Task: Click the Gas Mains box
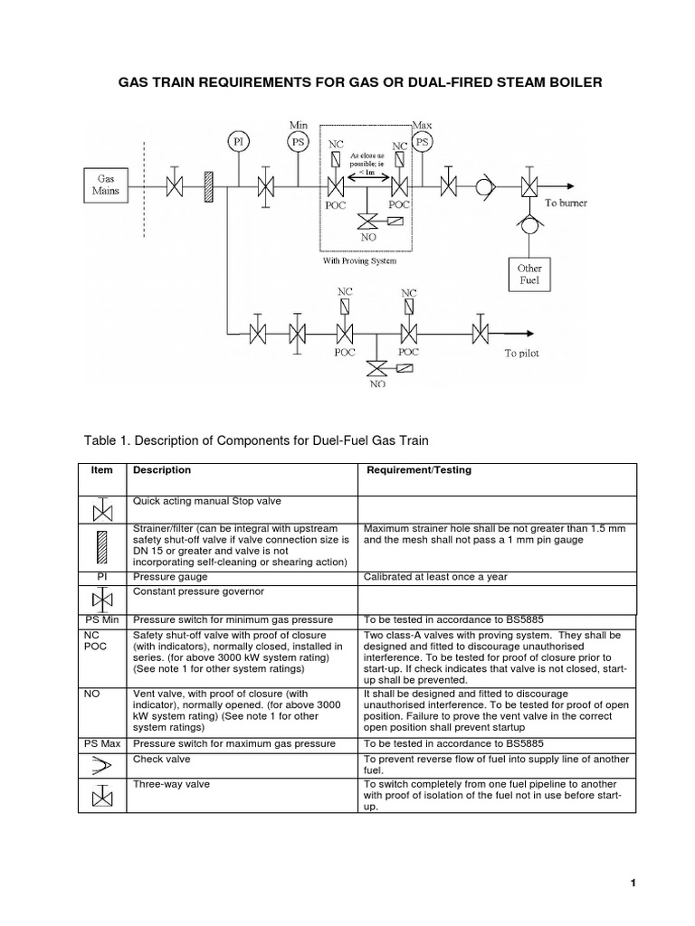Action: pyautogui.click(x=106, y=185)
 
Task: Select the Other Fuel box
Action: pyautogui.click(x=528, y=274)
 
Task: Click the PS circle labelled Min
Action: pyautogui.click(x=298, y=141)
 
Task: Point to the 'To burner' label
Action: pyautogui.click(x=566, y=203)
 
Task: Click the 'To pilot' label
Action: pyautogui.click(x=521, y=354)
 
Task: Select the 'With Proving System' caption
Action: pyautogui.click(x=359, y=260)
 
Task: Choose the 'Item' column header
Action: pyautogui.click(x=101, y=470)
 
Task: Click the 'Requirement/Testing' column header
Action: pyautogui.click(x=418, y=470)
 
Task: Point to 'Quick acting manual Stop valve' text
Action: pyautogui.click(x=201, y=499)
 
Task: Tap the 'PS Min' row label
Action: pyautogui.click(x=102, y=619)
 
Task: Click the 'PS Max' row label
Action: pyautogui.click(x=103, y=743)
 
